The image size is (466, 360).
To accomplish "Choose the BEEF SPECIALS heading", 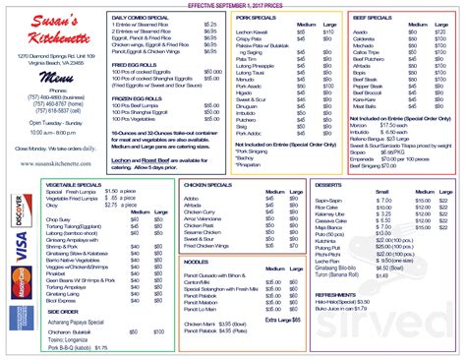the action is pyautogui.click(x=367, y=17).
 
